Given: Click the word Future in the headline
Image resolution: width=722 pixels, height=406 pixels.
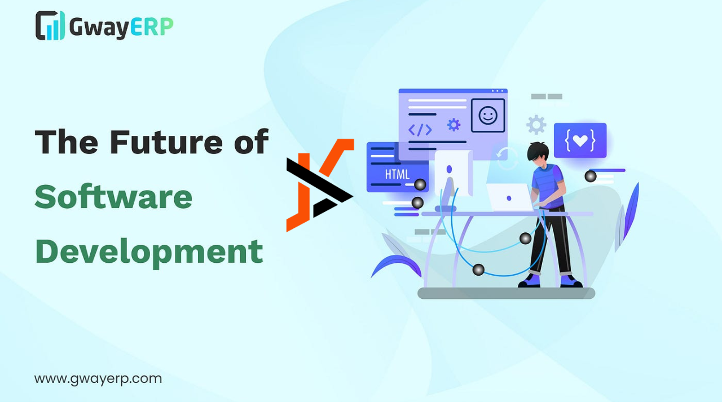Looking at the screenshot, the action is coord(166,142).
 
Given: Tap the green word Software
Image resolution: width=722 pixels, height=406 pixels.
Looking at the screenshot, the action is coord(113,197).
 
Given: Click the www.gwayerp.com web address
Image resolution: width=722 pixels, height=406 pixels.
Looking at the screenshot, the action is coord(98,379).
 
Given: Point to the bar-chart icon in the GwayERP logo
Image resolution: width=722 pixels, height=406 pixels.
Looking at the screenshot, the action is coord(50,25).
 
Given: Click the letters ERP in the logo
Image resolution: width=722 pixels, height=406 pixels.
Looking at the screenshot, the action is coord(152,27).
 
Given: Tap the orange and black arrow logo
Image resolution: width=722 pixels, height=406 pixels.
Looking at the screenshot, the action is coord(320,185).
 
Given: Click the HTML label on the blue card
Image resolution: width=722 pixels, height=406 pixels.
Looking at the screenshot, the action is coord(397,175).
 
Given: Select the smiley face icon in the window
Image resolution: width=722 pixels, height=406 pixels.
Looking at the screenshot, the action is coord(488,116).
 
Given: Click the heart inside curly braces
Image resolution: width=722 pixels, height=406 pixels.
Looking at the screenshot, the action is coord(580,140).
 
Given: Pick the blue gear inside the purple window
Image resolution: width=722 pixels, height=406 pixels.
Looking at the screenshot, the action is coord(454,125).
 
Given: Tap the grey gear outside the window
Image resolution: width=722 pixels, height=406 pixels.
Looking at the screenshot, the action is coord(536,125).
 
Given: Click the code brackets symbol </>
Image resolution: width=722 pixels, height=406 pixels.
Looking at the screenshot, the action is coord(420,130).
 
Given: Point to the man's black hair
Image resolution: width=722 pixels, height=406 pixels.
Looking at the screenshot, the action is coord(538,151).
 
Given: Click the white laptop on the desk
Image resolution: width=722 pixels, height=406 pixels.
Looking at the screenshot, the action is coord(509,197).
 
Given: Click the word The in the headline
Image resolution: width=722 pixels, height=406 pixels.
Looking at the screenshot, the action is coord(67,142).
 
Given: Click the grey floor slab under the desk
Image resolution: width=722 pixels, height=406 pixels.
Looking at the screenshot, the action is coord(506,293).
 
